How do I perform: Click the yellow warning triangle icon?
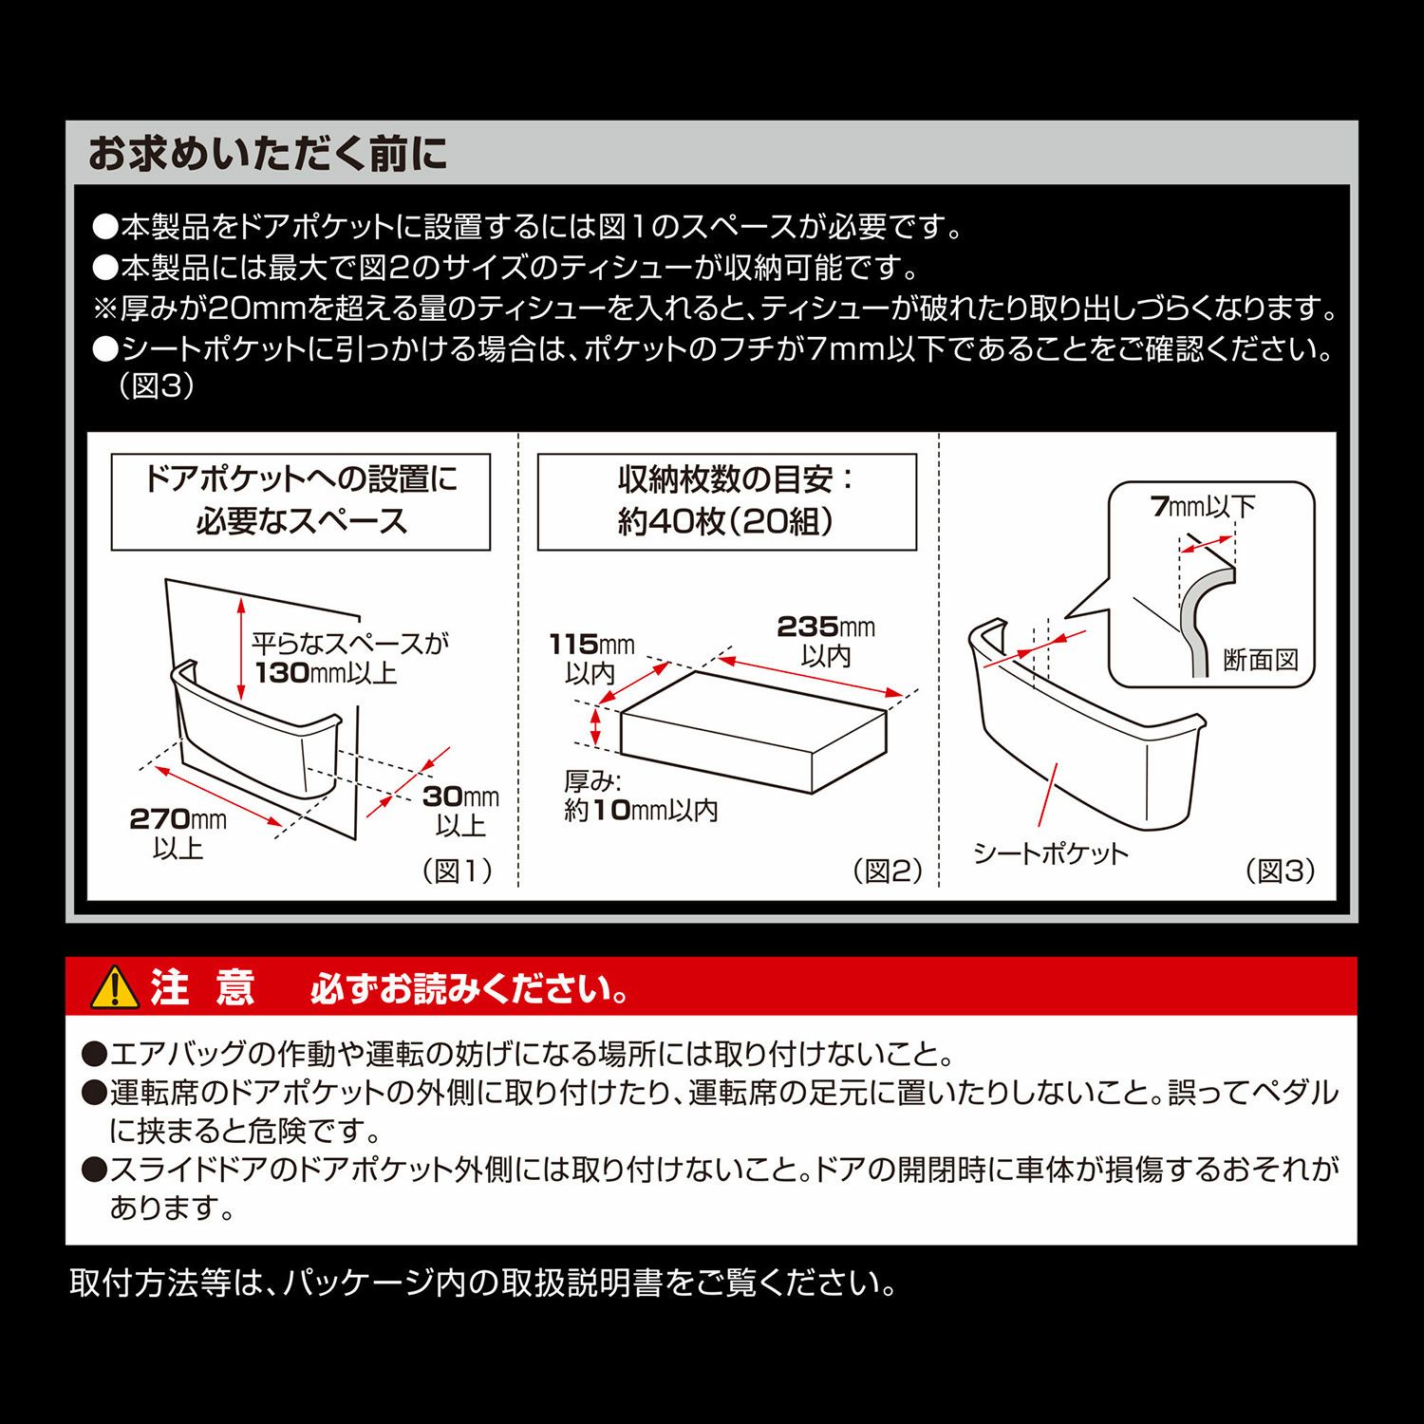pyautogui.click(x=115, y=987)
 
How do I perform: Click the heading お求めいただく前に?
pyautogui.click(x=267, y=154)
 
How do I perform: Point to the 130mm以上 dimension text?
pyautogui.click(x=326, y=673)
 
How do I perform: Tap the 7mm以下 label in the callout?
pyautogui.click(x=1203, y=506)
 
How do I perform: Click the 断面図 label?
pyautogui.click(x=1261, y=659)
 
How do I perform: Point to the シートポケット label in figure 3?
pyautogui.click(x=1051, y=853)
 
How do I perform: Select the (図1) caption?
pyautogui.click(x=457, y=871)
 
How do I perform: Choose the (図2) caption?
pyautogui.click(x=888, y=871)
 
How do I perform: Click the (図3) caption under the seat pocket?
pyautogui.click(x=1281, y=871)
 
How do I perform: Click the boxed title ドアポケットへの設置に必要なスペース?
pyautogui.click(x=301, y=501)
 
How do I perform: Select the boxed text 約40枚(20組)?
pyautogui.click(x=726, y=521)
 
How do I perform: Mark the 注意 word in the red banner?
pyautogui.click(x=202, y=987)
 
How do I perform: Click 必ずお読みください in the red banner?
pyautogui.click(x=469, y=989)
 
